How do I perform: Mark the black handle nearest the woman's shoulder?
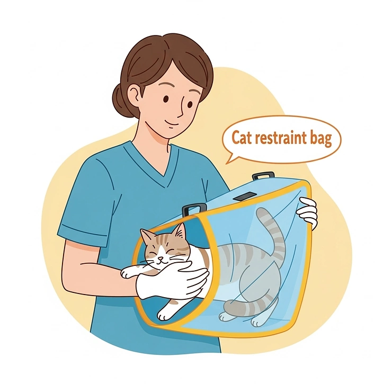click(193, 209)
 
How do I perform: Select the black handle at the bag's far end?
click(263, 175)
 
